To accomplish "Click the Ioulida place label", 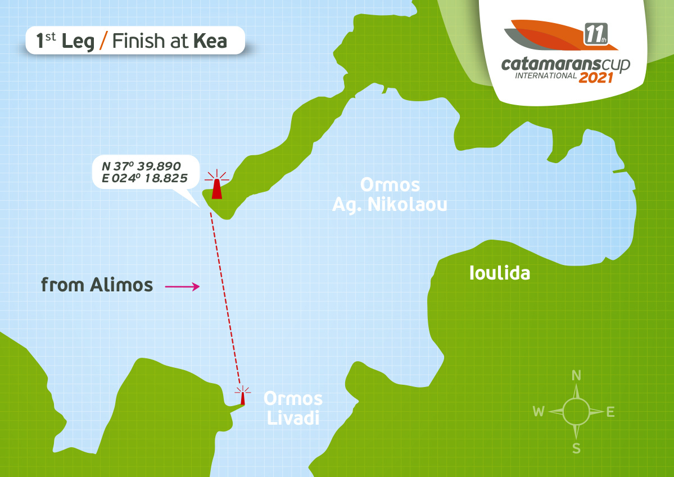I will click(500, 274).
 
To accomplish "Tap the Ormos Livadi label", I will click(293, 408).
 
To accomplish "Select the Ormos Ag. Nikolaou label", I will click(390, 195).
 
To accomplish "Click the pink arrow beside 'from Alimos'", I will click(182, 287).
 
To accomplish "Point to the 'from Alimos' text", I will click(97, 285).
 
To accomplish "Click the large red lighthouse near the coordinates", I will click(216, 186).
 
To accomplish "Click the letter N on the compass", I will click(576, 376).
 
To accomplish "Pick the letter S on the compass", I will click(576, 448).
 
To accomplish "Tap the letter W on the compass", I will click(539, 412).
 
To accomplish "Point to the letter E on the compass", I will click(610, 412).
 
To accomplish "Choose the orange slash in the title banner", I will click(103, 41).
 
